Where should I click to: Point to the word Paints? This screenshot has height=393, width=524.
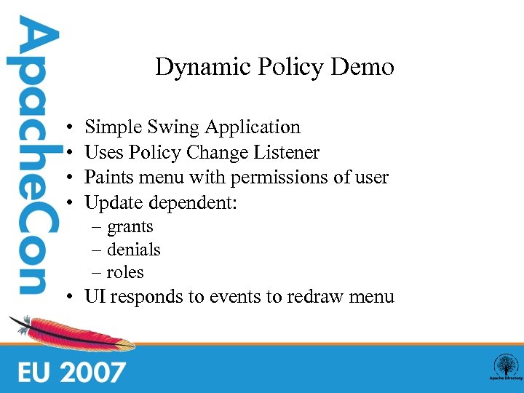coord(107,177)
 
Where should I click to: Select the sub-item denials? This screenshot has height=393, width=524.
coord(133,250)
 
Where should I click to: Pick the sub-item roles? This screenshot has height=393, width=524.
coord(125,272)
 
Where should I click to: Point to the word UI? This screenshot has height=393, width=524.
coord(95,296)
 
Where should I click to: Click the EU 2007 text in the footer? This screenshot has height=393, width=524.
coord(71,372)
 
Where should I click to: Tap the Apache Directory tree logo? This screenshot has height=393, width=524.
coord(504,366)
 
